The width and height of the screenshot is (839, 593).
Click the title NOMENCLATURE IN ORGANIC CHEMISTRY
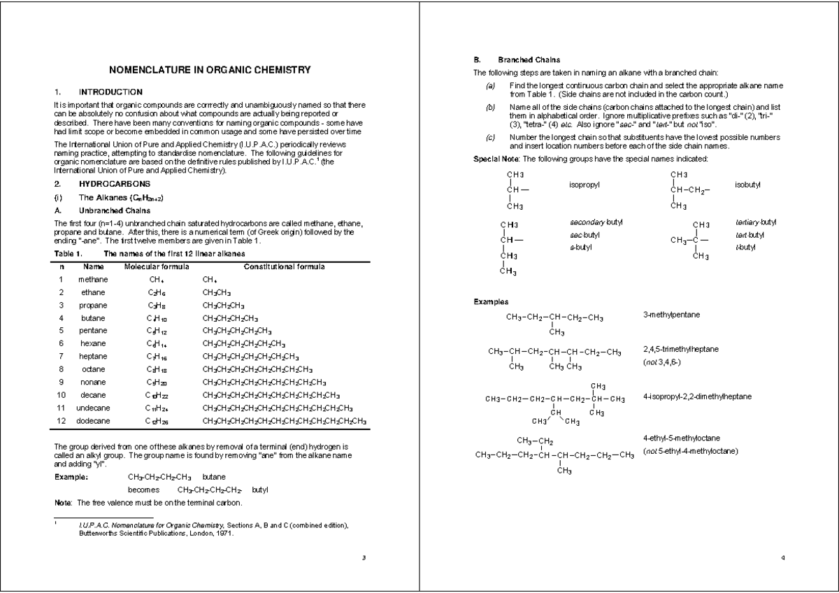pyautogui.click(x=210, y=70)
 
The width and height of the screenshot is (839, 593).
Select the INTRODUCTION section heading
pyautogui.click(x=110, y=92)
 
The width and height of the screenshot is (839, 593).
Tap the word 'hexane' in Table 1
pyautogui.click(x=93, y=343)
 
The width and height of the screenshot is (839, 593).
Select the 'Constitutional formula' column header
pyautogui.click(x=284, y=266)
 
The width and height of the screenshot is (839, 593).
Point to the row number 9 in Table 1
pyautogui.click(x=62, y=382)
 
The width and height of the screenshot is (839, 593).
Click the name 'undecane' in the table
pyautogui.click(x=93, y=408)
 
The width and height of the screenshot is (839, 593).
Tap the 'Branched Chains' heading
pyautogui.click(x=529, y=59)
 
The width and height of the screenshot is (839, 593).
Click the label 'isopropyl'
pyautogui.click(x=586, y=185)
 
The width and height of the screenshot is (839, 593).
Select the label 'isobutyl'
pyautogui.click(x=748, y=185)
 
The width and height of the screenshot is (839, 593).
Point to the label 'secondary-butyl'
pyautogui.click(x=596, y=222)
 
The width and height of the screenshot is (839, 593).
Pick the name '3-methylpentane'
pyautogui.click(x=671, y=315)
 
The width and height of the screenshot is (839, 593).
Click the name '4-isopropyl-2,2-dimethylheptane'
pyautogui.click(x=697, y=396)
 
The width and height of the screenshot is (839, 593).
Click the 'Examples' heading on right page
pyautogui.click(x=491, y=301)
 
